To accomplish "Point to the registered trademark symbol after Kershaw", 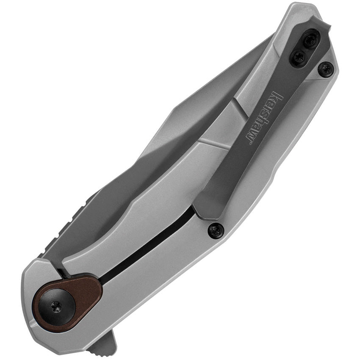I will coord(249,144).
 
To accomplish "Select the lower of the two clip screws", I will coord(299,56).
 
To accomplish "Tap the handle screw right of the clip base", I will coord(325,69).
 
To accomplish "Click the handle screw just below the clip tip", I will coord(216,230).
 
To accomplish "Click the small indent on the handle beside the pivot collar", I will coord(36,313).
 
